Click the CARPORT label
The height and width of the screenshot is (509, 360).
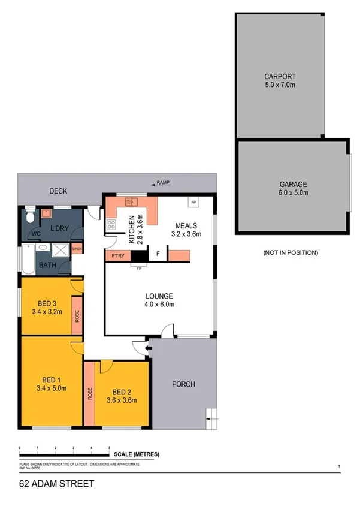point(280,77)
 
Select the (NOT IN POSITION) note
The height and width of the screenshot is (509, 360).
point(290,252)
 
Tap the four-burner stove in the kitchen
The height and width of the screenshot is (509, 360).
point(111,225)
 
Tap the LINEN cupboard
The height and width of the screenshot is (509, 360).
point(77,249)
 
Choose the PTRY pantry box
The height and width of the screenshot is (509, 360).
point(117,256)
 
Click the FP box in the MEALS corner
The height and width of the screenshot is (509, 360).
point(193,203)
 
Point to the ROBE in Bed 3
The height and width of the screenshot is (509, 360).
point(77,316)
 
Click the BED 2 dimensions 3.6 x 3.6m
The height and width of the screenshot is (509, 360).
point(122,400)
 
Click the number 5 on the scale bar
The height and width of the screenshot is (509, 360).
point(109,448)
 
